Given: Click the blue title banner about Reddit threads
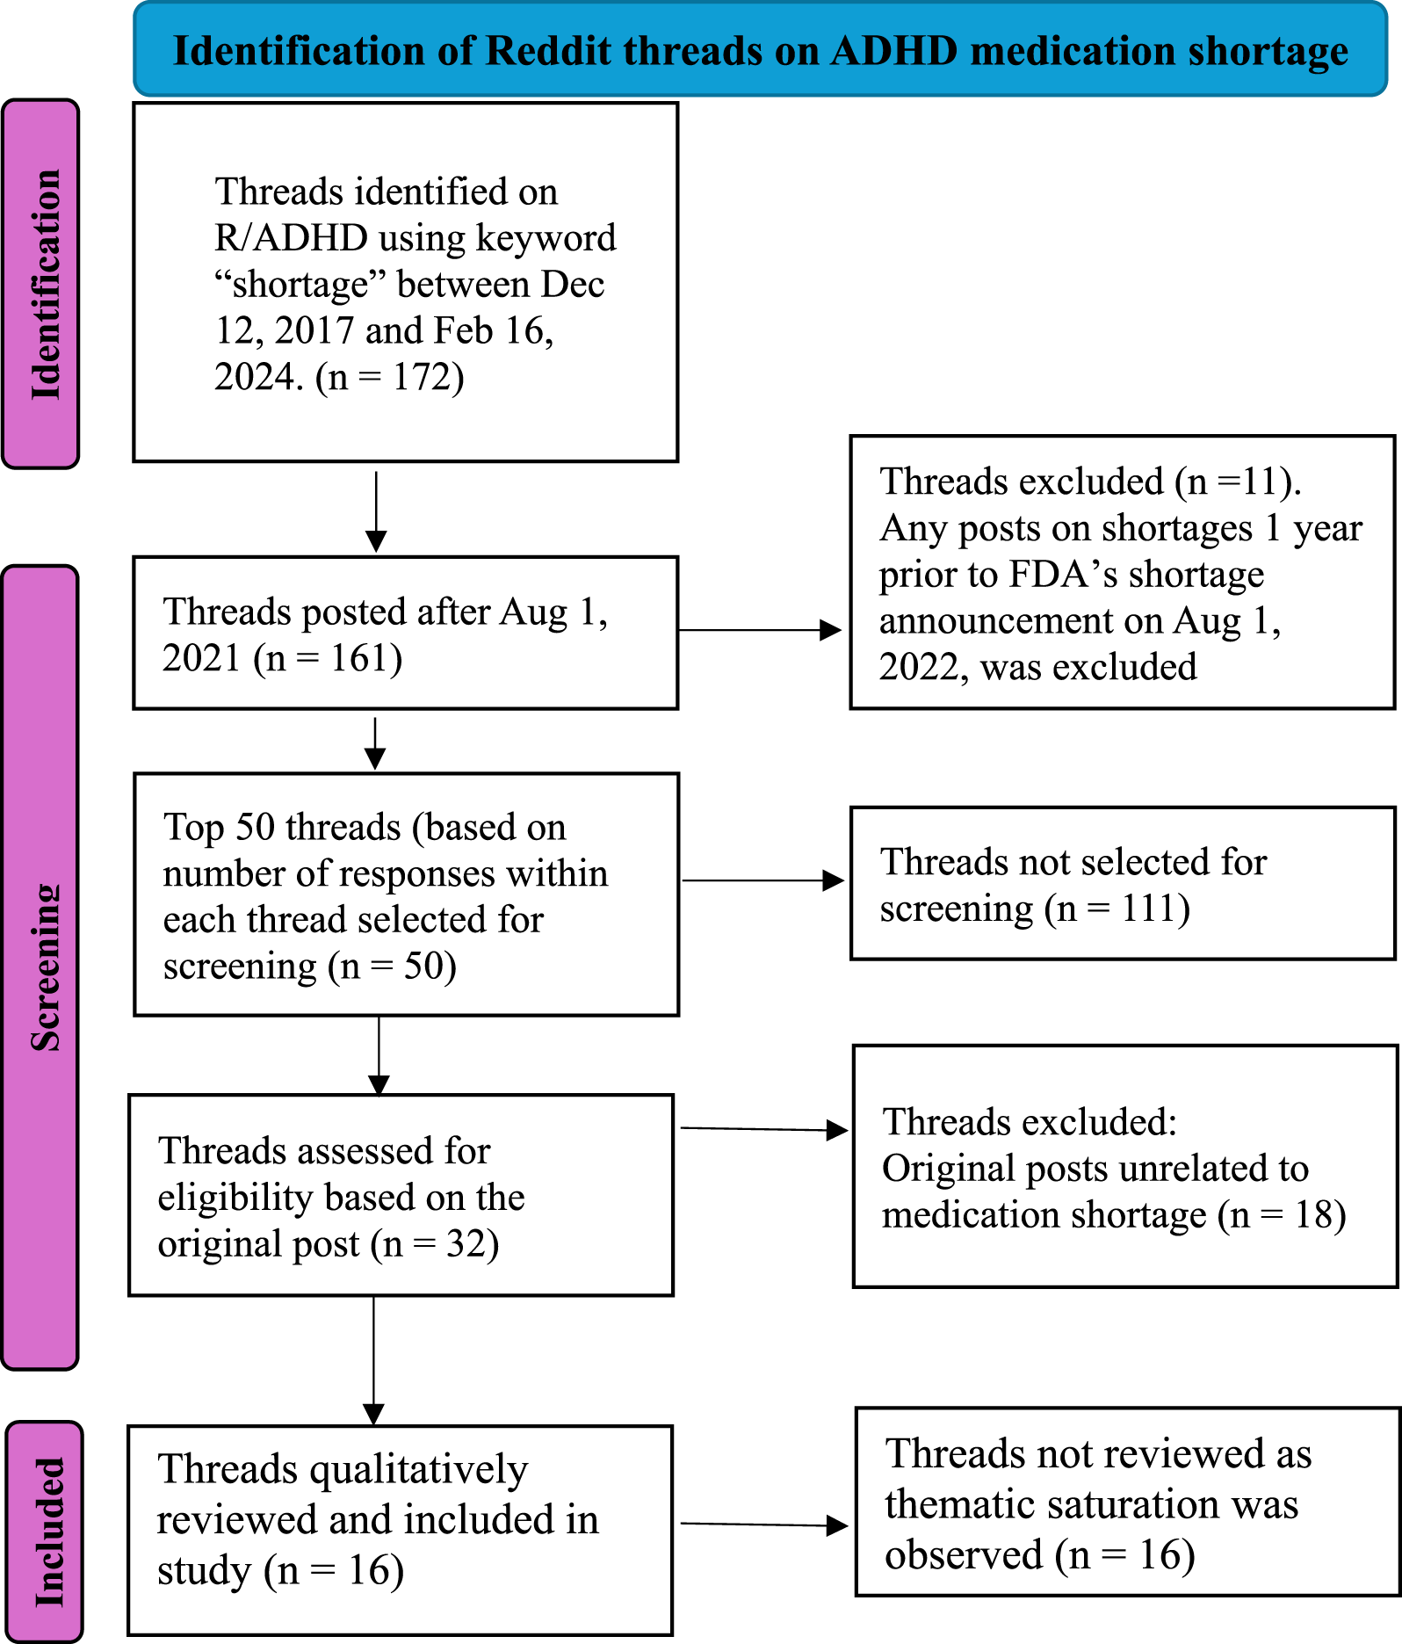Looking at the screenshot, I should pyautogui.click(x=760, y=50).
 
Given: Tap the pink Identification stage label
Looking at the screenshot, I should pyautogui.click(x=42, y=284).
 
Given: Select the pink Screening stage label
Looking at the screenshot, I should pyautogui.click(x=42, y=967).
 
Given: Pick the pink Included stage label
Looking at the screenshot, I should pyautogui.click(x=47, y=1531).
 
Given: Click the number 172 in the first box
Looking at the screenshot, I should pyautogui.click(x=416, y=377).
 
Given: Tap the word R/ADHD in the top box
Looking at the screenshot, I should pyautogui.click(x=291, y=238).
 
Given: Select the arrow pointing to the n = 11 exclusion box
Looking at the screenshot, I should pyautogui.click(x=761, y=630).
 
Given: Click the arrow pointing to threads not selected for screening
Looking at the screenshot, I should pyautogui.click(x=762, y=880).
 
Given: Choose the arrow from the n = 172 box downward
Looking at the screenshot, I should pyautogui.click(x=376, y=512).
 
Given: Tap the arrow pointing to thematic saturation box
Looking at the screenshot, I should pyautogui.click(x=764, y=1525).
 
